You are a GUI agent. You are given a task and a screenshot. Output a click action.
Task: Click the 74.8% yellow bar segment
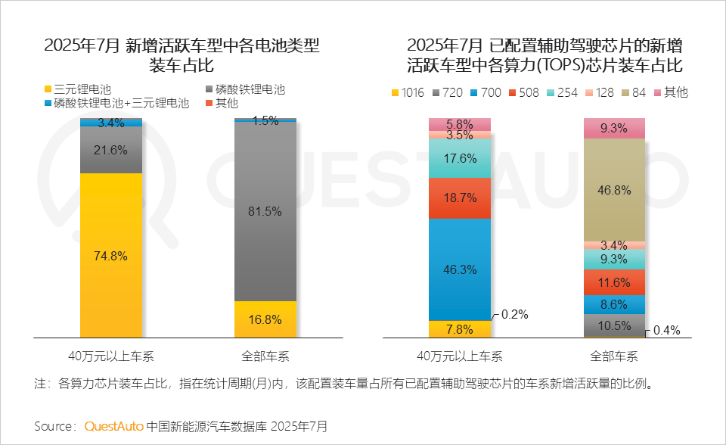click(x=111, y=255)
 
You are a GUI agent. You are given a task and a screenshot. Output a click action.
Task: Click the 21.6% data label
click(x=111, y=150)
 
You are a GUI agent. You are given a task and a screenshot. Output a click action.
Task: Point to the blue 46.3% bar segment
click(x=460, y=269)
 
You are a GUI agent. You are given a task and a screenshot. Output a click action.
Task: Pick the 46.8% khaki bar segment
click(x=614, y=190)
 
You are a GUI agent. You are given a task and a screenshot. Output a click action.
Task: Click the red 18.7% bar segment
click(x=460, y=198)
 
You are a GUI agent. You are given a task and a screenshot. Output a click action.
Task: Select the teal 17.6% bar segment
click(x=460, y=158)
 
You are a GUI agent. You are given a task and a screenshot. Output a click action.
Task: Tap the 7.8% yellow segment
click(x=460, y=329)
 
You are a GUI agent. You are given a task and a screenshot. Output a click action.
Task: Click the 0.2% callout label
click(x=514, y=315)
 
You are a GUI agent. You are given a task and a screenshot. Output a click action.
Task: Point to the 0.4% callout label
click(x=666, y=331)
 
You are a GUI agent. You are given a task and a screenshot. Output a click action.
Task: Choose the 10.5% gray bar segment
click(x=614, y=325)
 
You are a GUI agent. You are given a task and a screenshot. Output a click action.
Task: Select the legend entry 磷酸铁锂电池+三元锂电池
click(x=116, y=103)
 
